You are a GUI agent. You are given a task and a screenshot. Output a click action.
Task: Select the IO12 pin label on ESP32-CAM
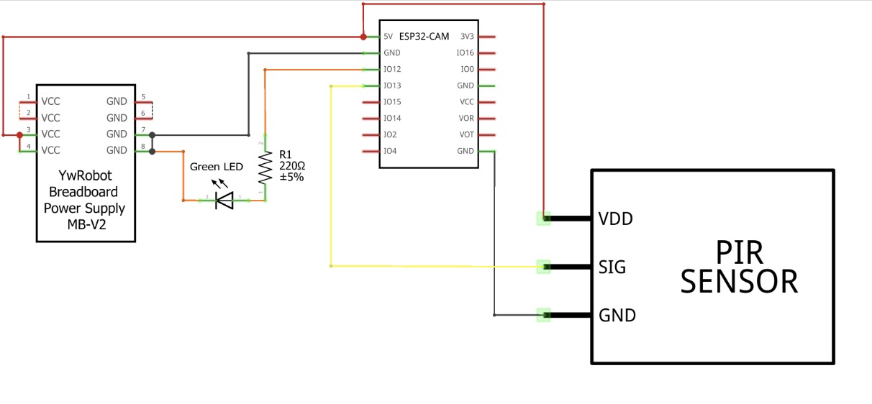coord(392,69)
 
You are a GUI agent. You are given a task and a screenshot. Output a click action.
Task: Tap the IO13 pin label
coord(392,86)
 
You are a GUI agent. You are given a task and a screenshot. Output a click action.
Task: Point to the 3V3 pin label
coord(467,36)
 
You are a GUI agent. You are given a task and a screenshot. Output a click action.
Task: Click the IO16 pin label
coord(465,52)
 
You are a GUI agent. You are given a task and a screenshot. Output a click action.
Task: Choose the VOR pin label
coord(466,118)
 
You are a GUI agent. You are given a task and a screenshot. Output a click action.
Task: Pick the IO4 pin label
coord(391,151)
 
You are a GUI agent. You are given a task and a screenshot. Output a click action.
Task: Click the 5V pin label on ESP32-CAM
coord(389,36)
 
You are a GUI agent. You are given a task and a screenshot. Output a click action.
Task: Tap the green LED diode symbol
coord(225,201)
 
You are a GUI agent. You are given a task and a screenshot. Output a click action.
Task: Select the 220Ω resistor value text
coord(291,165)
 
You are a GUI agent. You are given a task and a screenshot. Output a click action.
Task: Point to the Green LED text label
coord(217,167)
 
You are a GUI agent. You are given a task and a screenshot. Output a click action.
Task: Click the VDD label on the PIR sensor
coord(615,219)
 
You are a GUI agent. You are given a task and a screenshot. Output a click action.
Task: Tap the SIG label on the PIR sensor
coord(612,267)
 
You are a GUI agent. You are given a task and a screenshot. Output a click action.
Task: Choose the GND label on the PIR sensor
coord(617,315)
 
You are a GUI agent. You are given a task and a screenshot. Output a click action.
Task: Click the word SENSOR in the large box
coord(739,281)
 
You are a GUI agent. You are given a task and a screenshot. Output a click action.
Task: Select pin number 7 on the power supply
coord(144,130)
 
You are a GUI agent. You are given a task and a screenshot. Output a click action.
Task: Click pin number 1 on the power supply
coord(28,96)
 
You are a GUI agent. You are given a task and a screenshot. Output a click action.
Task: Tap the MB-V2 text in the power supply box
coord(85,225)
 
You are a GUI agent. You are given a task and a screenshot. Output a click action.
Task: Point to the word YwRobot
coord(85,176)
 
